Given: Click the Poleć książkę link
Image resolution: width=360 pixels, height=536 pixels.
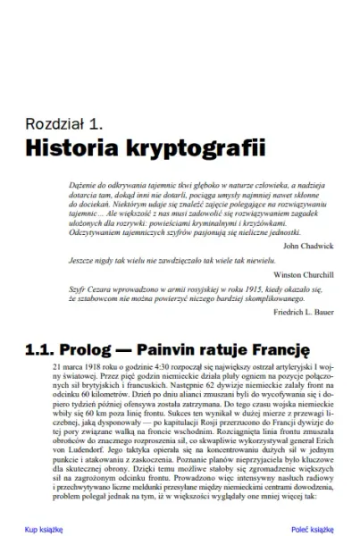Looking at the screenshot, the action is pyautogui.click(x=312, y=529).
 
